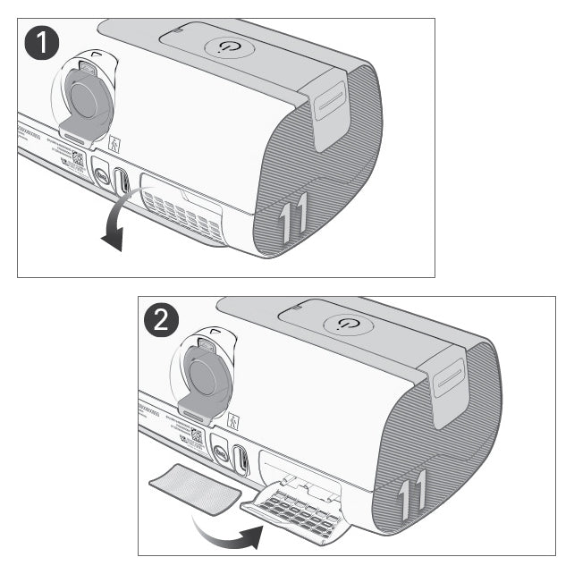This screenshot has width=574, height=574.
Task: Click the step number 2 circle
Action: (162, 322)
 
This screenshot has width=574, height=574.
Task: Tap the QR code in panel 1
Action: (77, 159)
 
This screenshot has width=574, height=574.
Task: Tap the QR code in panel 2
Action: (196, 435)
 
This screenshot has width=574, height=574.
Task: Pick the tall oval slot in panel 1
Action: (123, 180)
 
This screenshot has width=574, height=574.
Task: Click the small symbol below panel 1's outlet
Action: (114, 143)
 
